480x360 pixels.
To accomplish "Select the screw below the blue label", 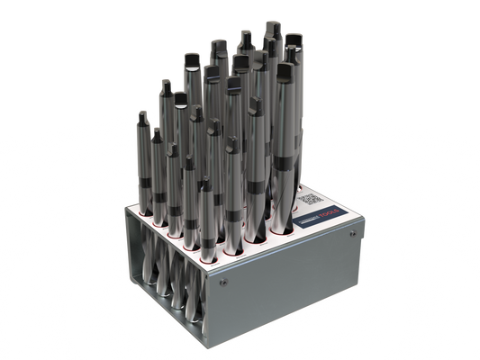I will pos(350,235).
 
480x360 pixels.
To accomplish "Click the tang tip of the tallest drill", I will pos(272,24).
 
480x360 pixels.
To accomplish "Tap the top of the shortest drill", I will pos(206,183).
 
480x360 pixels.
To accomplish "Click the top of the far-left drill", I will pos(143,113).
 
